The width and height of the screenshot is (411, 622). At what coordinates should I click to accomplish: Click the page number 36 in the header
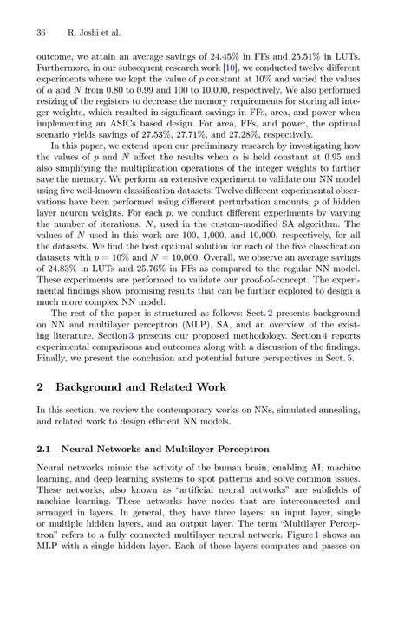pos(41,32)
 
